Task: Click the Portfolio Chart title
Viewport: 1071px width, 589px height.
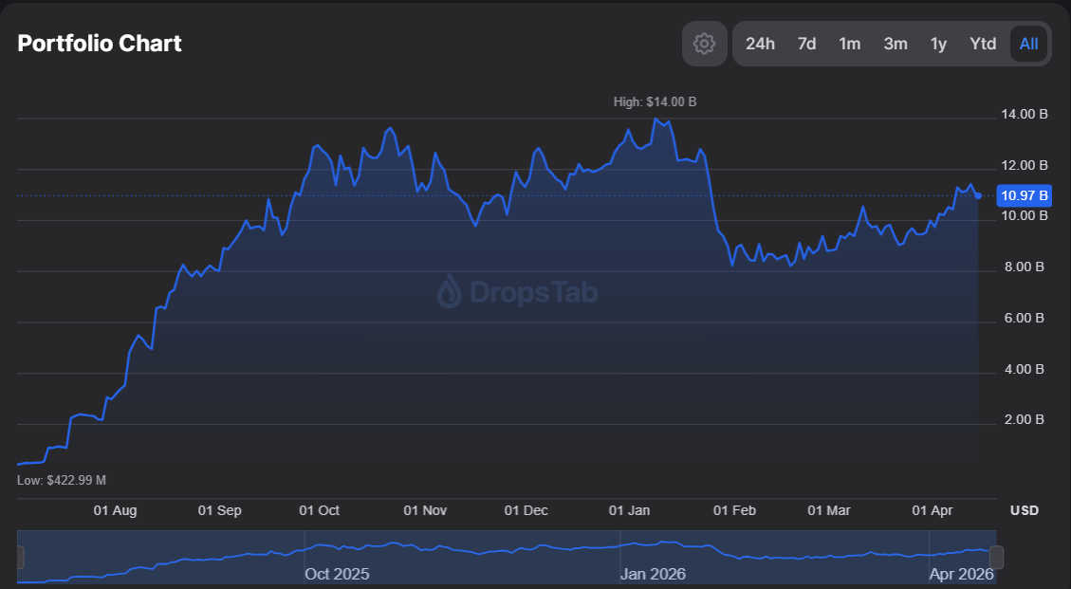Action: tap(100, 44)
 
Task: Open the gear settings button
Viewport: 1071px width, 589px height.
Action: tap(704, 44)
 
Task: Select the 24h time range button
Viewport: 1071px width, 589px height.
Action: tap(760, 44)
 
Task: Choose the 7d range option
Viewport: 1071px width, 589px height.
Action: tap(806, 44)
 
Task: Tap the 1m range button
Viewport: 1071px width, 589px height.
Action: tap(850, 44)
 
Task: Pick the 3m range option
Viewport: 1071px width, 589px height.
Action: tap(896, 44)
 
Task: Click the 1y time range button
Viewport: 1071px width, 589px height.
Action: tap(938, 44)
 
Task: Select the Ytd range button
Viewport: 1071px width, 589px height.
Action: tap(983, 44)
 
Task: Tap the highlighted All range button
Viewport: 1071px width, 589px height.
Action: tap(1029, 44)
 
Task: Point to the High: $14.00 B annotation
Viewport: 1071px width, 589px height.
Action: tap(655, 101)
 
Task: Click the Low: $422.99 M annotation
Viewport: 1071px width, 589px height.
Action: tap(62, 480)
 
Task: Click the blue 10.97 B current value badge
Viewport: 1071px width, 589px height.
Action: tap(1025, 196)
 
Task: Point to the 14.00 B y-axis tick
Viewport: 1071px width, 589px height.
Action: tap(1025, 115)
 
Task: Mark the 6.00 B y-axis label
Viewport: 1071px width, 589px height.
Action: tap(1025, 318)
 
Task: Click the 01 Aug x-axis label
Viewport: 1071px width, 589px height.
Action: tap(115, 510)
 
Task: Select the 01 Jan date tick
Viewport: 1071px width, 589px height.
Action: tap(629, 510)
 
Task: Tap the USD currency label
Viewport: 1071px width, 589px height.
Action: tap(1025, 510)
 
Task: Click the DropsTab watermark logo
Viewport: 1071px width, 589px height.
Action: tap(517, 292)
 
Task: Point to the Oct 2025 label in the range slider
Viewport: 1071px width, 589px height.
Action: tap(337, 574)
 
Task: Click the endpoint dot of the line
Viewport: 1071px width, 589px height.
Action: tap(978, 195)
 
